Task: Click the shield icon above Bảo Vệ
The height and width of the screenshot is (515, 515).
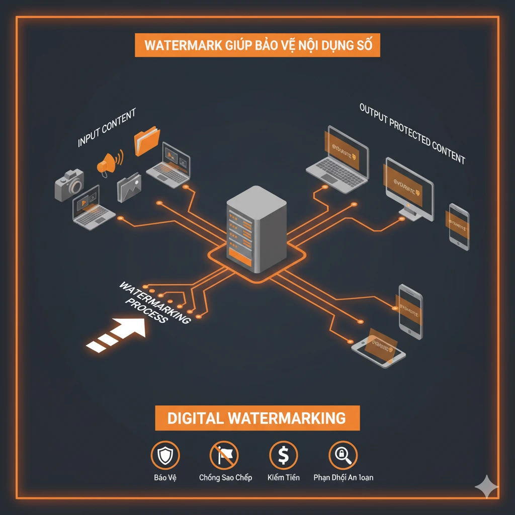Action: coord(165,456)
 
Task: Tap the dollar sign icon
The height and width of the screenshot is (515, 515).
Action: coord(283,456)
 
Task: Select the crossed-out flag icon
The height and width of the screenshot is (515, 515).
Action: coord(224,456)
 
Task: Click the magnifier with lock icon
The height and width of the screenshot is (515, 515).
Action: coord(342,456)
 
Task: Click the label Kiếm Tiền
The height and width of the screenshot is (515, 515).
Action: coord(283,477)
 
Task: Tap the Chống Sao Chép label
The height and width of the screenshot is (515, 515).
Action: coord(225,477)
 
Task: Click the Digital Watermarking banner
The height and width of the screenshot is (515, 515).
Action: coord(257,418)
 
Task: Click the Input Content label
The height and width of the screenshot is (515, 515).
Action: coord(107,128)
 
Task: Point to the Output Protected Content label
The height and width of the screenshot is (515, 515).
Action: coord(412,133)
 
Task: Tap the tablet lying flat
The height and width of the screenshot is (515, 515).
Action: coord(378,350)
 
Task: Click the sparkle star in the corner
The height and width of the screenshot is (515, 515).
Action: coord(487,486)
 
